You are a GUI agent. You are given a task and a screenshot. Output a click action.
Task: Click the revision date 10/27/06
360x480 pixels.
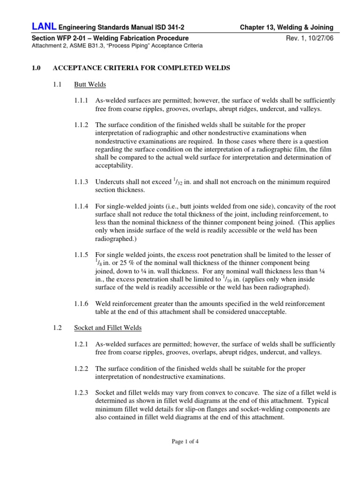coord(318,38)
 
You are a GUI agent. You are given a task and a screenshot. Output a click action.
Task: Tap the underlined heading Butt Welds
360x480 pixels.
coord(90,85)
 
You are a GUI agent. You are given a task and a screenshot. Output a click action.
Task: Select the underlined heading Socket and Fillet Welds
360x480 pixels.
coord(108,328)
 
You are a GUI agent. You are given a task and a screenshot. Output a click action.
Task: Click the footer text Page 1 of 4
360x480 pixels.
coord(180,441)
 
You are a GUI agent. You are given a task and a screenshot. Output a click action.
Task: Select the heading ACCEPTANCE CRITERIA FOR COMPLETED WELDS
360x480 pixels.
coord(141,68)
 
